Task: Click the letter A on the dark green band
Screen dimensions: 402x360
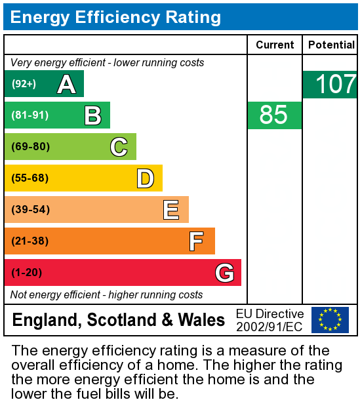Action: click(66, 84)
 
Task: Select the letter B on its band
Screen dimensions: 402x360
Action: click(92, 115)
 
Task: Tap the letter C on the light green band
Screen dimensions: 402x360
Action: click(119, 147)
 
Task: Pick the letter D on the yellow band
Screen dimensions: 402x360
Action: click(145, 178)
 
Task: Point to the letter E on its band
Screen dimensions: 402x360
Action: click(171, 210)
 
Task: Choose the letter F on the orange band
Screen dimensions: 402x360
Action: click(196, 241)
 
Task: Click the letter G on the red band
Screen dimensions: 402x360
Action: click(224, 273)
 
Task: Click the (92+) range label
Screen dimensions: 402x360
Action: click(24, 84)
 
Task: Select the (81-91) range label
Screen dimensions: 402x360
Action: click(30, 115)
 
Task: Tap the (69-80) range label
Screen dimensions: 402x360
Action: click(31, 147)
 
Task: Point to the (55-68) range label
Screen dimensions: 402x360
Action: click(31, 178)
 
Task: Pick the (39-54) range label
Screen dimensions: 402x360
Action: click(31, 210)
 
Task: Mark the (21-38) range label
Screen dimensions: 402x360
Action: click(30, 241)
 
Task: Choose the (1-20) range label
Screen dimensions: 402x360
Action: click(26, 273)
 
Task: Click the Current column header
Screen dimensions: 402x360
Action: click(275, 45)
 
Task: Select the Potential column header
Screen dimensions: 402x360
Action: click(331, 45)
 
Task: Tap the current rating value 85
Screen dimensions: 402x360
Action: click(273, 115)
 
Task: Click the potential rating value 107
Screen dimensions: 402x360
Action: click(335, 85)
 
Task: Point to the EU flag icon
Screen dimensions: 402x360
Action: click(330, 319)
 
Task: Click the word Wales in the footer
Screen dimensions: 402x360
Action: click(201, 320)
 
